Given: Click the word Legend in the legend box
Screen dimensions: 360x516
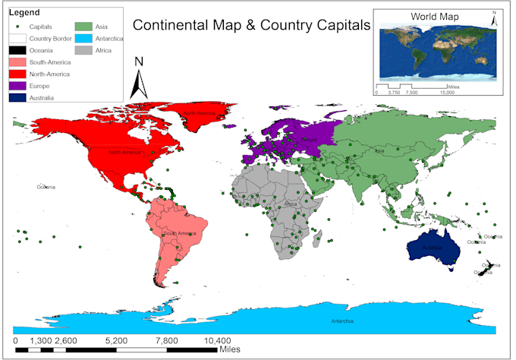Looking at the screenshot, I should pyautogui.click(x=24, y=14).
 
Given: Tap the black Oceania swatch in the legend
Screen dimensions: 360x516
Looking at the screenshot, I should pyautogui.click(x=17, y=50).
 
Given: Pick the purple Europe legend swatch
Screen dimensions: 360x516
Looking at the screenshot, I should pyautogui.click(x=17, y=86).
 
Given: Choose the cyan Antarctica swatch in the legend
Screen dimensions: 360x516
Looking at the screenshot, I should pyautogui.click(x=83, y=38).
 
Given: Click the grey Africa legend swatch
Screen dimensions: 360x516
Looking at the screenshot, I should pyautogui.click(x=83, y=50).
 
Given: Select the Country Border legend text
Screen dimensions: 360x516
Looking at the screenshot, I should pyautogui.click(x=51, y=38).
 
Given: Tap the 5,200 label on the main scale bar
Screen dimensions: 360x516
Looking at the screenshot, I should pyautogui.click(x=116, y=341).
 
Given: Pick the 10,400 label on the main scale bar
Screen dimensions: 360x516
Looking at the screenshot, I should pyautogui.click(x=216, y=341).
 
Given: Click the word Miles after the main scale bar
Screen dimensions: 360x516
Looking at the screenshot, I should pyautogui.click(x=231, y=350).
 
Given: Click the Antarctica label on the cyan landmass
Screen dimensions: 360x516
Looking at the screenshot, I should pyautogui.click(x=341, y=321).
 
